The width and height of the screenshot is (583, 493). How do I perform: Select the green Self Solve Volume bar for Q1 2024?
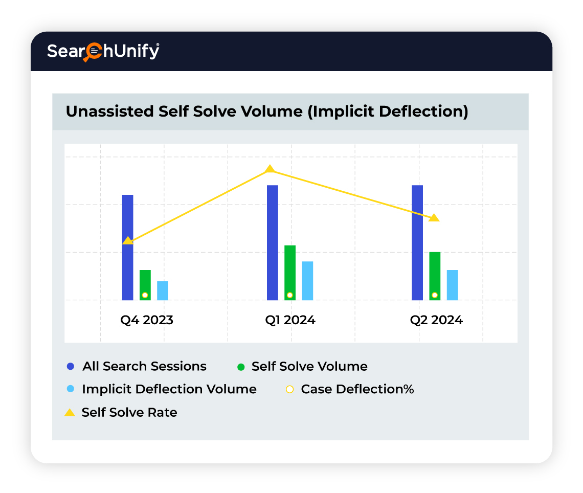tap(290, 268)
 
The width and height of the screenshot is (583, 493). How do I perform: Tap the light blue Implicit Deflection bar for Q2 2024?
tap(452, 285)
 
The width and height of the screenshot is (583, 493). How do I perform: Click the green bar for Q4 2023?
tap(145, 281)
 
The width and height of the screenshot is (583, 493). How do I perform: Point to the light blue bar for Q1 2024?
tap(307, 280)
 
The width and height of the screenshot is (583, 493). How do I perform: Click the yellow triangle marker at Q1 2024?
tap(270, 169)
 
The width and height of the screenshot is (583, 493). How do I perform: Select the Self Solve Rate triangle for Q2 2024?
tap(434, 218)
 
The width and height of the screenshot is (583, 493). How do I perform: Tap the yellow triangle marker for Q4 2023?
tap(128, 240)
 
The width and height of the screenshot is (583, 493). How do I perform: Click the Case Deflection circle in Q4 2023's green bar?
tap(145, 295)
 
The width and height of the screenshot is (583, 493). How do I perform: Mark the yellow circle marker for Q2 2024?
tap(435, 295)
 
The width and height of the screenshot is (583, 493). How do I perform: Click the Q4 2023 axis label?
tap(147, 321)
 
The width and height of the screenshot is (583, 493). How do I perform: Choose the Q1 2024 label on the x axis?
tap(290, 321)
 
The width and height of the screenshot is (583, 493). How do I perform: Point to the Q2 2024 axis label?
tap(436, 321)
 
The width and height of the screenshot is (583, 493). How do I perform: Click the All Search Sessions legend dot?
tap(71, 367)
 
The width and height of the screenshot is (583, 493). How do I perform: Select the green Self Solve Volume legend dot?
tap(241, 367)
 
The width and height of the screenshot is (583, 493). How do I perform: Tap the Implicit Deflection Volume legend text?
tap(169, 389)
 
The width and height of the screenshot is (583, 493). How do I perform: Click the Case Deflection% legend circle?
tap(289, 389)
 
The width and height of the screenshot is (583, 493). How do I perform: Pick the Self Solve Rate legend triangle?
tap(70, 412)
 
